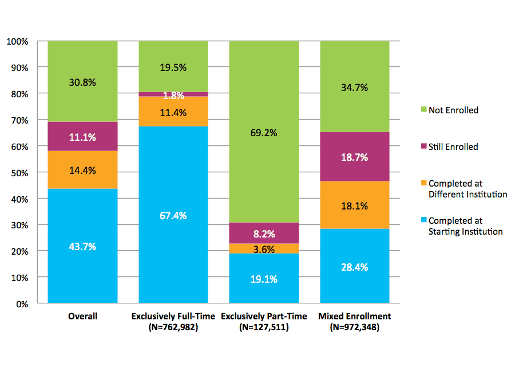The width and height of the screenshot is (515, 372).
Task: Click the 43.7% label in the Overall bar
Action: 82,247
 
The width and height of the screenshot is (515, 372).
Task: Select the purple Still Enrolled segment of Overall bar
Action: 82,136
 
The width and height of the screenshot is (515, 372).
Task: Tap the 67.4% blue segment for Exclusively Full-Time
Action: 173,215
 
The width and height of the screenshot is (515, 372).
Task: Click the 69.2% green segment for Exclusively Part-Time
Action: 264,133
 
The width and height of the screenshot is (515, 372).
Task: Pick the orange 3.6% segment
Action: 264,248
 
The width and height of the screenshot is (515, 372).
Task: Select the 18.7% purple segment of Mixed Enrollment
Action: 354,157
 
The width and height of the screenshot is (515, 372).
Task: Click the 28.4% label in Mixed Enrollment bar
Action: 354,267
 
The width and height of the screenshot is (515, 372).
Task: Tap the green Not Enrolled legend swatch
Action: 424,110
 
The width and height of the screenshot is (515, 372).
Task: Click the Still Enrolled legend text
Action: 453,147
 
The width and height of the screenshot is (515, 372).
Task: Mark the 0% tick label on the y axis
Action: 21,304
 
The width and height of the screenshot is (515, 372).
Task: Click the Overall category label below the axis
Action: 82,316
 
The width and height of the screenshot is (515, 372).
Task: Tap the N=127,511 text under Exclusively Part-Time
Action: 264,327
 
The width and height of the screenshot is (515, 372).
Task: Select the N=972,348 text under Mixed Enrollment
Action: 354,327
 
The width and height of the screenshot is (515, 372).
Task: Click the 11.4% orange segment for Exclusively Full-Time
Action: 173,113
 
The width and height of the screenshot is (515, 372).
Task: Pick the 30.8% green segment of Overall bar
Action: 82,82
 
